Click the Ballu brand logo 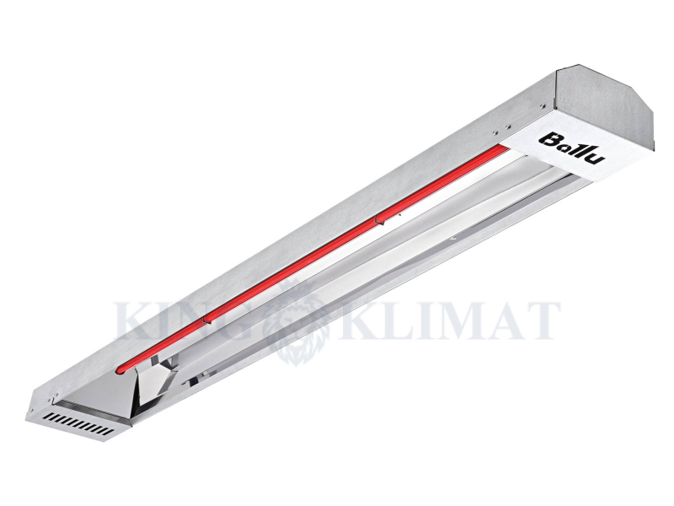[571, 148]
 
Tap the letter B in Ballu [548, 139]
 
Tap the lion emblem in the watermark [300, 320]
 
